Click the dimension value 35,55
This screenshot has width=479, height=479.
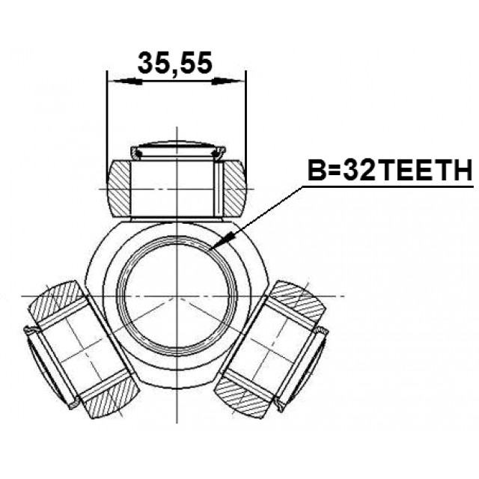pyautogui.click(x=174, y=63)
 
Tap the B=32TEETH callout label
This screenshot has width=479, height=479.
pyautogui.click(x=390, y=171)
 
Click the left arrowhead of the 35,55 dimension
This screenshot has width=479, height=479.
pyautogui.click(x=125, y=82)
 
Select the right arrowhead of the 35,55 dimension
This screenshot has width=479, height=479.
pyautogui.click(x=228, y=82)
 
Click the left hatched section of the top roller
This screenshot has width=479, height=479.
pyautogui.click(x=119, y=189)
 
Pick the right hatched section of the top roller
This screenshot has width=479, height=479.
pyautogui.click(x=234, y=189)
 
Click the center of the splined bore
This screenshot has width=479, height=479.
pyautogui.click(x=177, y=296)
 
